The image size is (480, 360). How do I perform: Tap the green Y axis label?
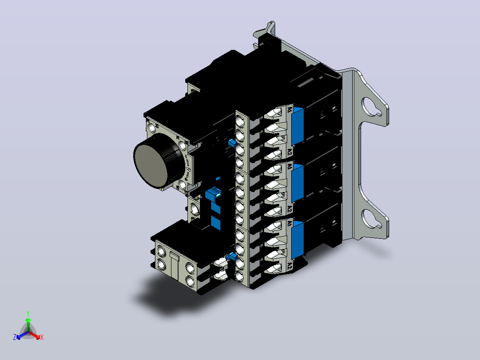[x=28, y=313]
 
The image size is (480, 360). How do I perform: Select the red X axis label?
[x=42, y=337]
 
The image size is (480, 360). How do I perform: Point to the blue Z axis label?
[x=15, y=337]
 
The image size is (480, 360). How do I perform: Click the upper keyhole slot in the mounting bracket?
[x=371, y=107]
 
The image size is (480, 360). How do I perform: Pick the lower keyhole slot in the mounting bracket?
[x=371, y=219]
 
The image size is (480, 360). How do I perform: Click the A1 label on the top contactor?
[x=290, y=109]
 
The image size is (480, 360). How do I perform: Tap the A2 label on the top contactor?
[x=289, y=152]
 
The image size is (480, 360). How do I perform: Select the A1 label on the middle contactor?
[x=290, y=166]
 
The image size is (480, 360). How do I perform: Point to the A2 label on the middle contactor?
[x=289, y=209]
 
